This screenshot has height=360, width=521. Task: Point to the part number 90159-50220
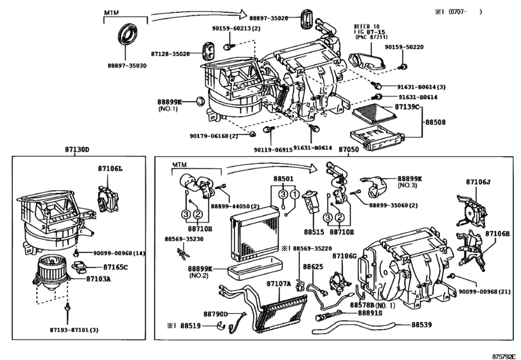pos(404,47)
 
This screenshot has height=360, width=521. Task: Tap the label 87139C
pos(407,106)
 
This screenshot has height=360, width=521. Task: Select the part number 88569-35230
pos(186,239)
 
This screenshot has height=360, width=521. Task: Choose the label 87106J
pos(478,182)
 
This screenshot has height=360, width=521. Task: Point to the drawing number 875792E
pos(504,354)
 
